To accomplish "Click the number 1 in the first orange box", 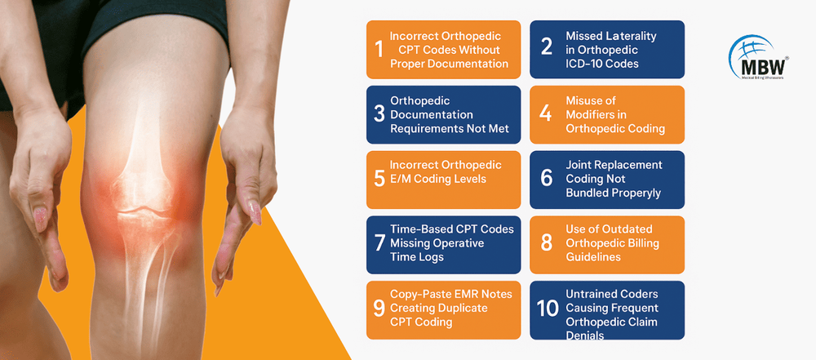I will [379, 50].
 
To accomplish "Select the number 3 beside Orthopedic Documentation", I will [379, 114].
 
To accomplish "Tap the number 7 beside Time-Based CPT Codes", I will [379, 243].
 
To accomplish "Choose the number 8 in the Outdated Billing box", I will [546, 243].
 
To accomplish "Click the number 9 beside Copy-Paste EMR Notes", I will [379, 308].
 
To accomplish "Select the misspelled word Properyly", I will [633, 193].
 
